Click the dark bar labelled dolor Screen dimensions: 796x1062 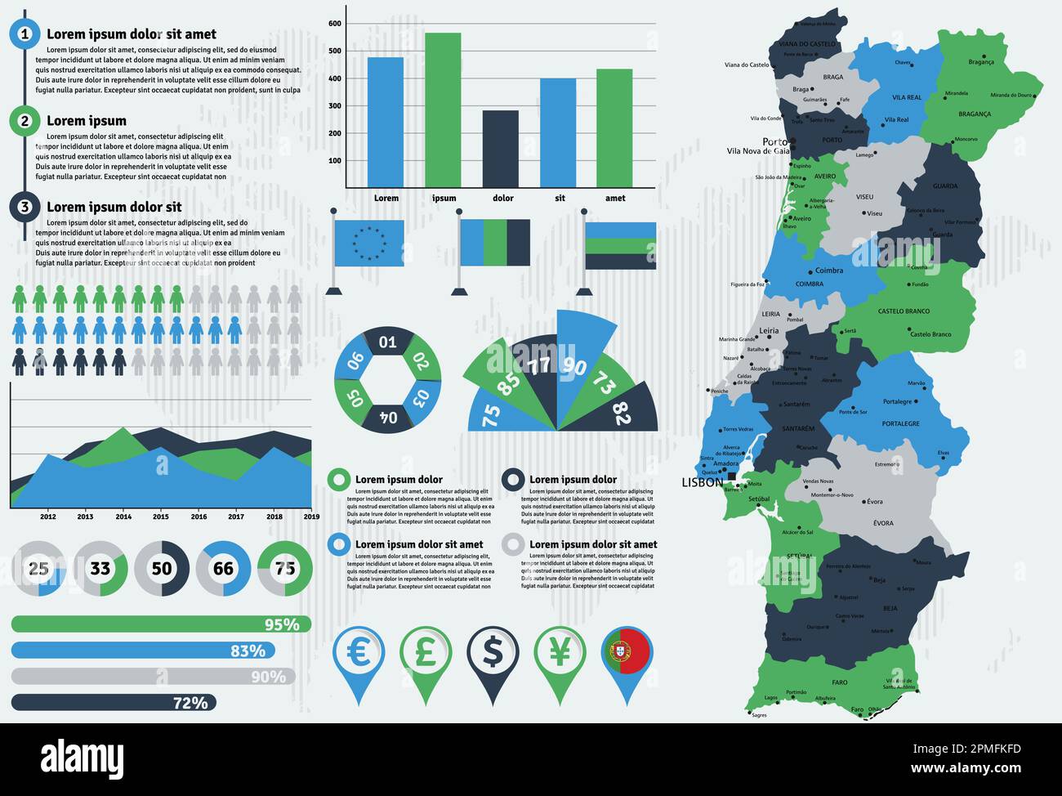(500, 149)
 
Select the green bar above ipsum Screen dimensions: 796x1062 (443, 110)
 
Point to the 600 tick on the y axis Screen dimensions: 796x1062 (335, 24)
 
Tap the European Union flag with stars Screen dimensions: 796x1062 (368, 243)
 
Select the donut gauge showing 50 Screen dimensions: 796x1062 (162, 568)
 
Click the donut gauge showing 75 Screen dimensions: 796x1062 (285, 568)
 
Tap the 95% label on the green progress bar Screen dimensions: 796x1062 (282, 625)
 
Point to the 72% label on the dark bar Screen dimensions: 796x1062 (190, 703)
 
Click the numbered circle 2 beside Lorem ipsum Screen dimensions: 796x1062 (25, 121)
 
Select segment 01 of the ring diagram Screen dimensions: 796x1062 (387, 342)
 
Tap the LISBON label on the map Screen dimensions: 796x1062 (703, 483)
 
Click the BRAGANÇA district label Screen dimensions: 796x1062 (975, 114)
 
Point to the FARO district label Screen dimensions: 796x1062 (840, 682)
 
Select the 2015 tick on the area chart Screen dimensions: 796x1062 (161, 517)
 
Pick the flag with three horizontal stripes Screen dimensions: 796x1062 (620, 245)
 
